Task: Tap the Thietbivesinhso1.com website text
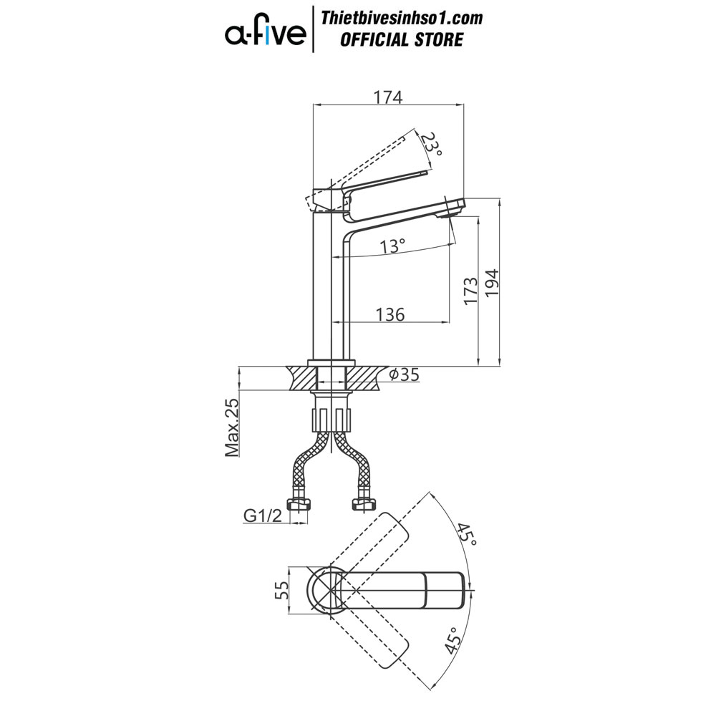click(x=402, y=18)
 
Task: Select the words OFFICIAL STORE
click(x=402, y=39)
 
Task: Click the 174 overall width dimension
click(x=388, y=97)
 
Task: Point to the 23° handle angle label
click(x=432, y=145)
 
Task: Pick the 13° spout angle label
click(x=392, y=246)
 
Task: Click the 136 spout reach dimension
click(x=390, y=314)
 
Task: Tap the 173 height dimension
click(x=470, y=291)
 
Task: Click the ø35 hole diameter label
click(x=404, y=375)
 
